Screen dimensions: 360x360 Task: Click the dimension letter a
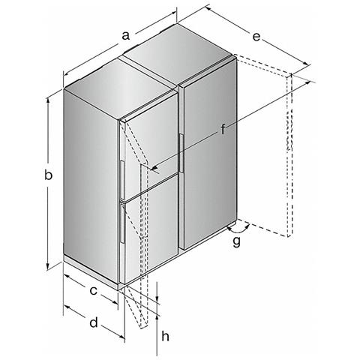[x=126, y=36]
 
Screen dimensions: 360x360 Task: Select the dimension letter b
[x=49, y=175]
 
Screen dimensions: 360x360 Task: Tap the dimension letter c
[x=93, y=291]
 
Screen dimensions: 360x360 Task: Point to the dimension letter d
[x=94, y=322]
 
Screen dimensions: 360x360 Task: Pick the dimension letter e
[x=256, y=37]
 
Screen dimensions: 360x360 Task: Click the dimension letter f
[x=223, y=129]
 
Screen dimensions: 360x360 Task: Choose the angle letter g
[x=236, y=241]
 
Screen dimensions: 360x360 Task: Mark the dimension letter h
[x=166, y=336]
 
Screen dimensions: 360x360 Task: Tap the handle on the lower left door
[x=122, y=224]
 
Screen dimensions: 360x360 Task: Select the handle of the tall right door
[x=181, y=153]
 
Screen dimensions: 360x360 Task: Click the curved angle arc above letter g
[x=238, y=229]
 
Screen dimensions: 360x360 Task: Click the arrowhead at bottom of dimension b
[x=47, y=266]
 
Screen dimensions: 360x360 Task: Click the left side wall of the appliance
[x=91, y=186]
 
